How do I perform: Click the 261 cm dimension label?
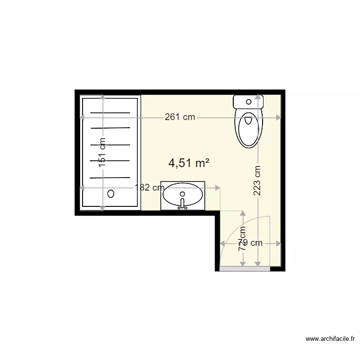180,117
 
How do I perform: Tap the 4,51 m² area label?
189,163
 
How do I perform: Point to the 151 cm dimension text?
102,153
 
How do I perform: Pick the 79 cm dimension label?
251,243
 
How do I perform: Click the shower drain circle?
111,193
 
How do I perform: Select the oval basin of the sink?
182,195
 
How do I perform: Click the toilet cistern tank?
248,102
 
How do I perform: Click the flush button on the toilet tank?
248,101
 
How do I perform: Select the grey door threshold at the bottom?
245,269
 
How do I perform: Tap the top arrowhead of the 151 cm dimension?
102,97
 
